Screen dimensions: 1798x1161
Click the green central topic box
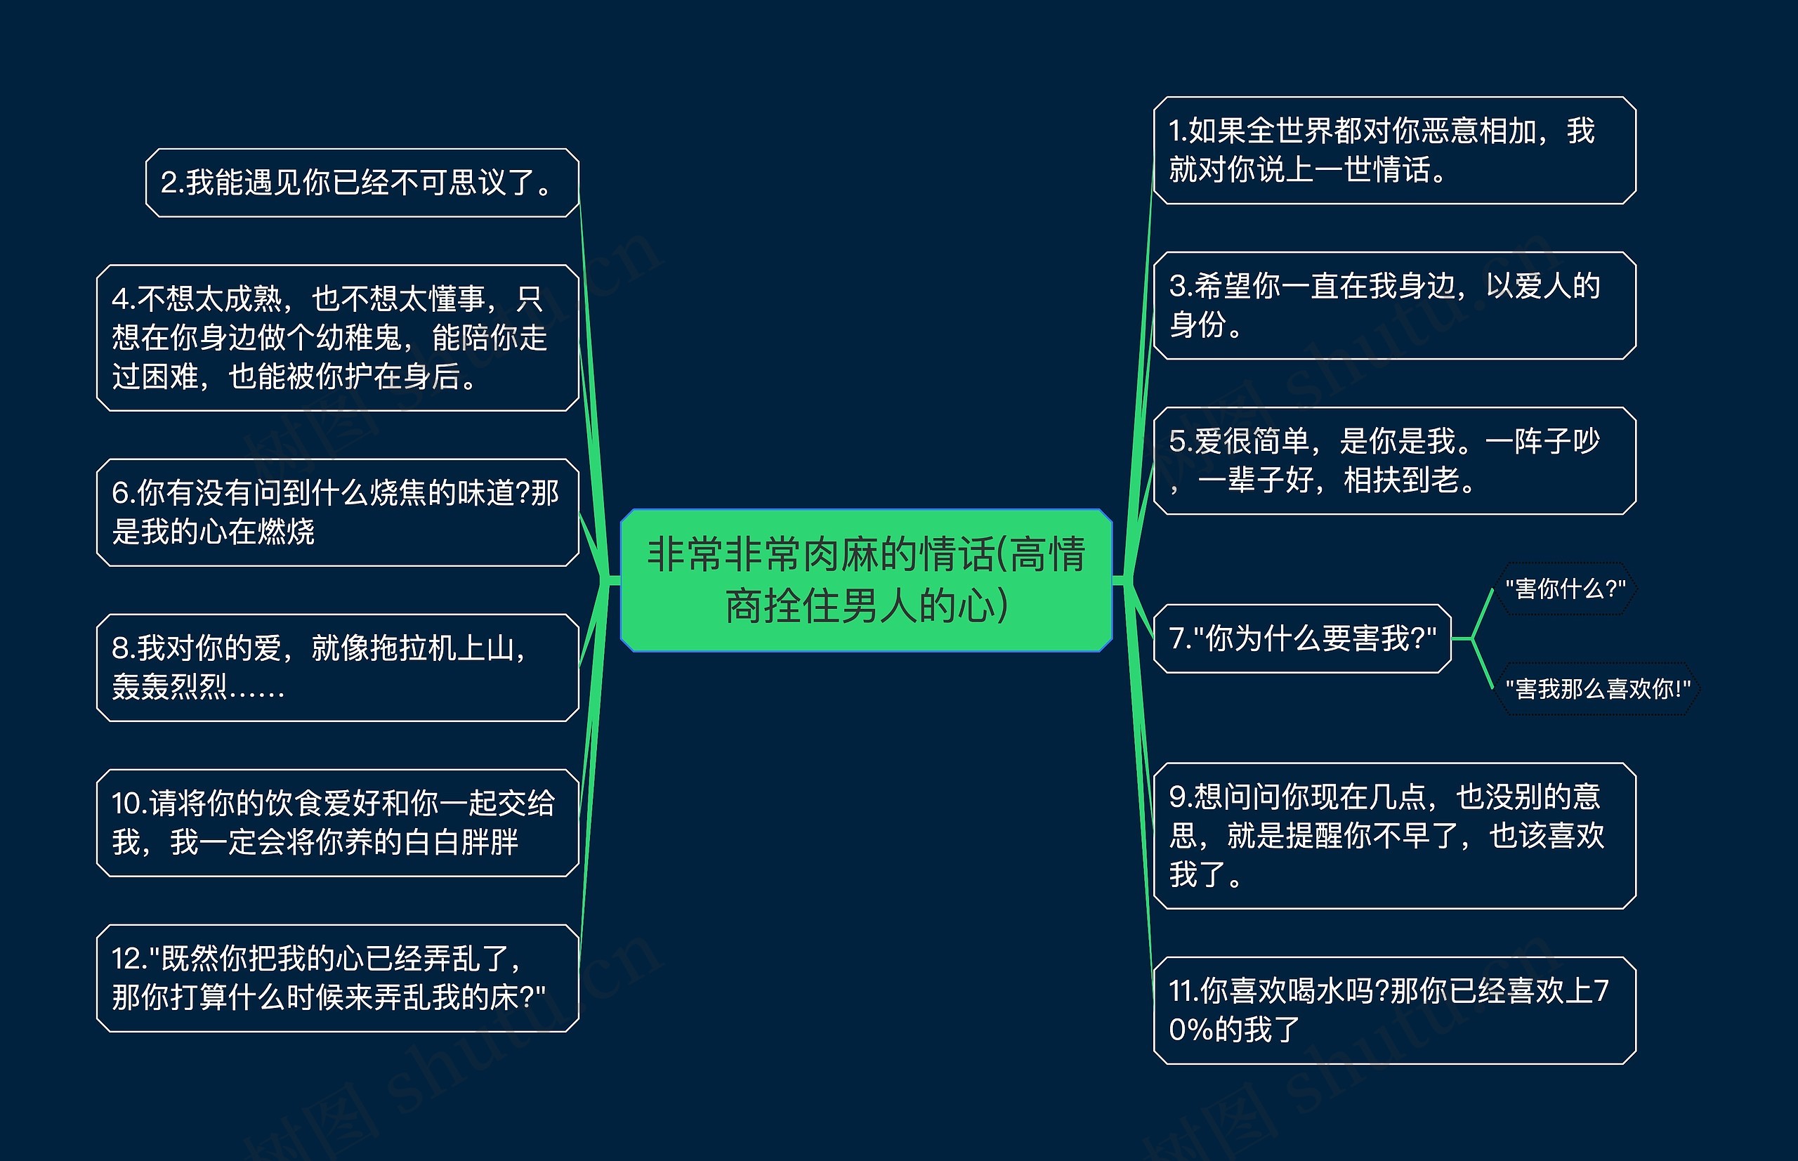pyautogui.click(x=865, y=579)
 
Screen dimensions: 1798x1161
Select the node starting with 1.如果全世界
pyautogui.click(x=1394, y=150)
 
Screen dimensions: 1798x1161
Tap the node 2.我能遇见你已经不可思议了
pyautogui.click(x=362, y=183)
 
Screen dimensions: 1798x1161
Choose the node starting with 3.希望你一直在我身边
pyautogui.click(x=1394, y=306)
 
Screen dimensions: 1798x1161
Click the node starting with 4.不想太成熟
pyautogui.click(x=337, y=337)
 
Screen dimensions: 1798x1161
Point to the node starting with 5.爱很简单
pyautogui.click(x=1394, y=461)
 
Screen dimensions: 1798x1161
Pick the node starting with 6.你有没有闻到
pyautogui.click(x=337, y=512)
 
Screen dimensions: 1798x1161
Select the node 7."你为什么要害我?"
pyautogui.click(x=1302, y=638)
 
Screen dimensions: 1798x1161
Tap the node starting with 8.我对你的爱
pyautogui.click(x=337, y=667)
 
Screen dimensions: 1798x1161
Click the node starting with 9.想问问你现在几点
pyautogui.click(x=1394, y=835)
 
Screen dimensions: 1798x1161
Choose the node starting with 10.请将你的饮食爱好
pyautogui.click(x=337, y=822)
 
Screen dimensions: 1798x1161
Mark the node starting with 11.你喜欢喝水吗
pyautogui.click(x=1394, y=1010)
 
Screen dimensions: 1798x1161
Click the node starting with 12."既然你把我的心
pyautogui.click(x=337, y=978)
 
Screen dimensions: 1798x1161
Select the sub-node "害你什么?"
pyautogui.click(x=1565, y=589)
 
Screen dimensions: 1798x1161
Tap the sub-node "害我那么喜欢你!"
pyautogui.click(x=1597, y=688)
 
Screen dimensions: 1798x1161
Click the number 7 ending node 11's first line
pyautogui.click(x=1601, y=990)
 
